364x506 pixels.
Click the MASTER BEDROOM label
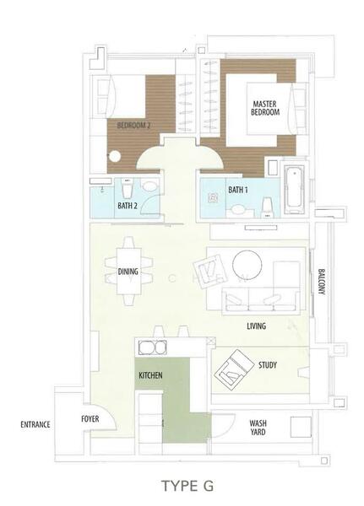(265, 108)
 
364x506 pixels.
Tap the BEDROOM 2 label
(133, 125)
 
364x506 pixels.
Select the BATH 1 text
(238, 190)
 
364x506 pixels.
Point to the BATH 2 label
(128, 206)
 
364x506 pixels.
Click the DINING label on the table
(128, 272)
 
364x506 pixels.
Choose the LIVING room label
(257, 326)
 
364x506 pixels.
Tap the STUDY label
(268, 365)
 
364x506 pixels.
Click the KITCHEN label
(150, 375)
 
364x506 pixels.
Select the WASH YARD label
(258, 428)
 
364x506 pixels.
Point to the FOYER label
(90, 419)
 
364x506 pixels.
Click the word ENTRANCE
(35, 424)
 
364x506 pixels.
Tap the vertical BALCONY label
(321, 282)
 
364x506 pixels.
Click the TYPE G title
(187, 486)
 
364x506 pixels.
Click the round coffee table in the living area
(247, 265)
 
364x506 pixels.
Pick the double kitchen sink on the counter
(153, 347)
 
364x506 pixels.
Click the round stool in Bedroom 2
(115, 157)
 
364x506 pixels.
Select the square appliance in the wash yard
(301, 427)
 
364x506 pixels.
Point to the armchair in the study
(234, 368)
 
